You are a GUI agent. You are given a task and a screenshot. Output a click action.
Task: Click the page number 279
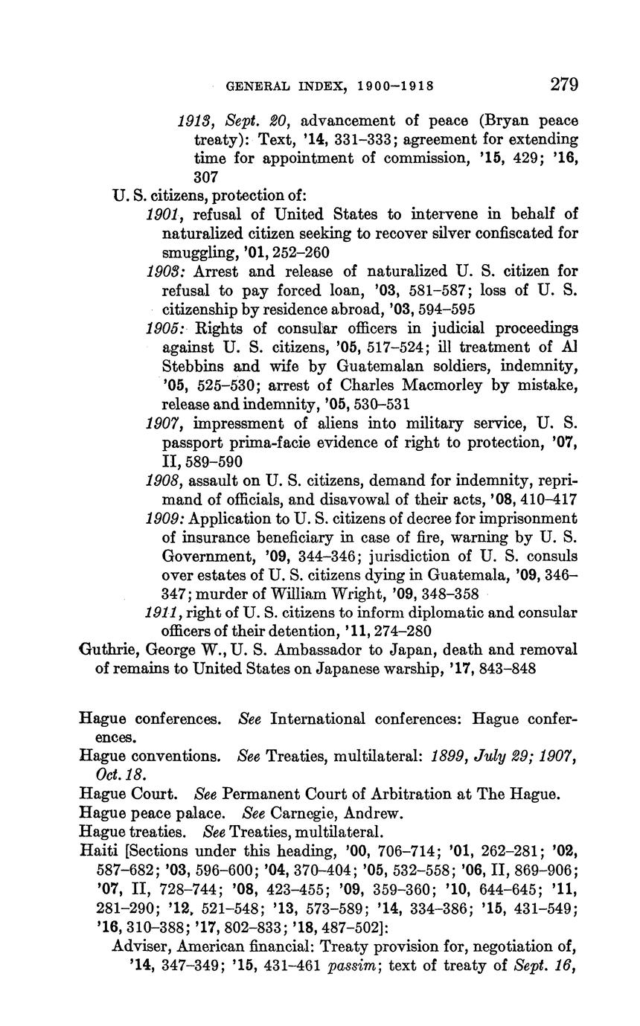click(x=564, y=84)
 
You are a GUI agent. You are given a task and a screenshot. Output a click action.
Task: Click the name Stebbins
click(x=193, y=367)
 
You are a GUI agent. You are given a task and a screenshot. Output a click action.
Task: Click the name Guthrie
click(x=106, y=650)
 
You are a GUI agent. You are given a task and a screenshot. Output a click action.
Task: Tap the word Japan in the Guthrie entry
click(x=441, y=650)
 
